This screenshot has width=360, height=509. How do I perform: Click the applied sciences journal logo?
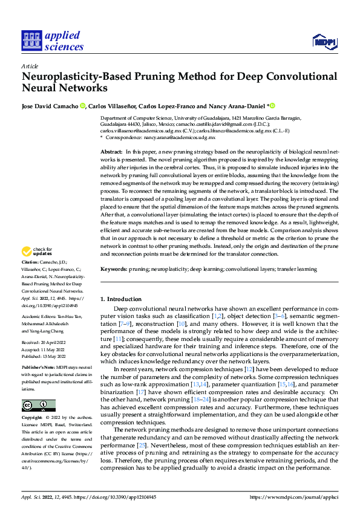(x=53, y=41)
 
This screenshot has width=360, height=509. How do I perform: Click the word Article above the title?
(x=29, y=66)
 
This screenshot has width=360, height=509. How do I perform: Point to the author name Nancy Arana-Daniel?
(x=238, y=105)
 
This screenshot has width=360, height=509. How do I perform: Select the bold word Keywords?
(x=113, y=268)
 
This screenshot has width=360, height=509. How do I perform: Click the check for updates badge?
(x=36, y=252)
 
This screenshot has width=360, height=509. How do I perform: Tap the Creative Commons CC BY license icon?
(x=36, y=404)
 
